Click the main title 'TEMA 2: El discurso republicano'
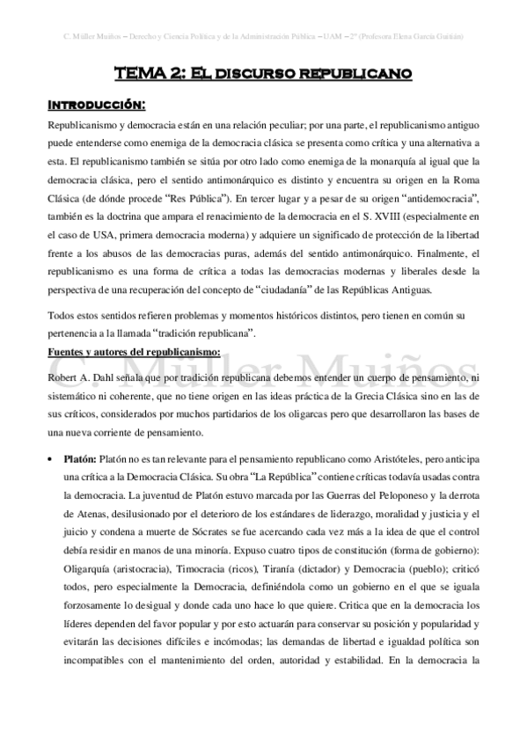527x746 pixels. pos(264,76)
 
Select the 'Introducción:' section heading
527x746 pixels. pos(96,106)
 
